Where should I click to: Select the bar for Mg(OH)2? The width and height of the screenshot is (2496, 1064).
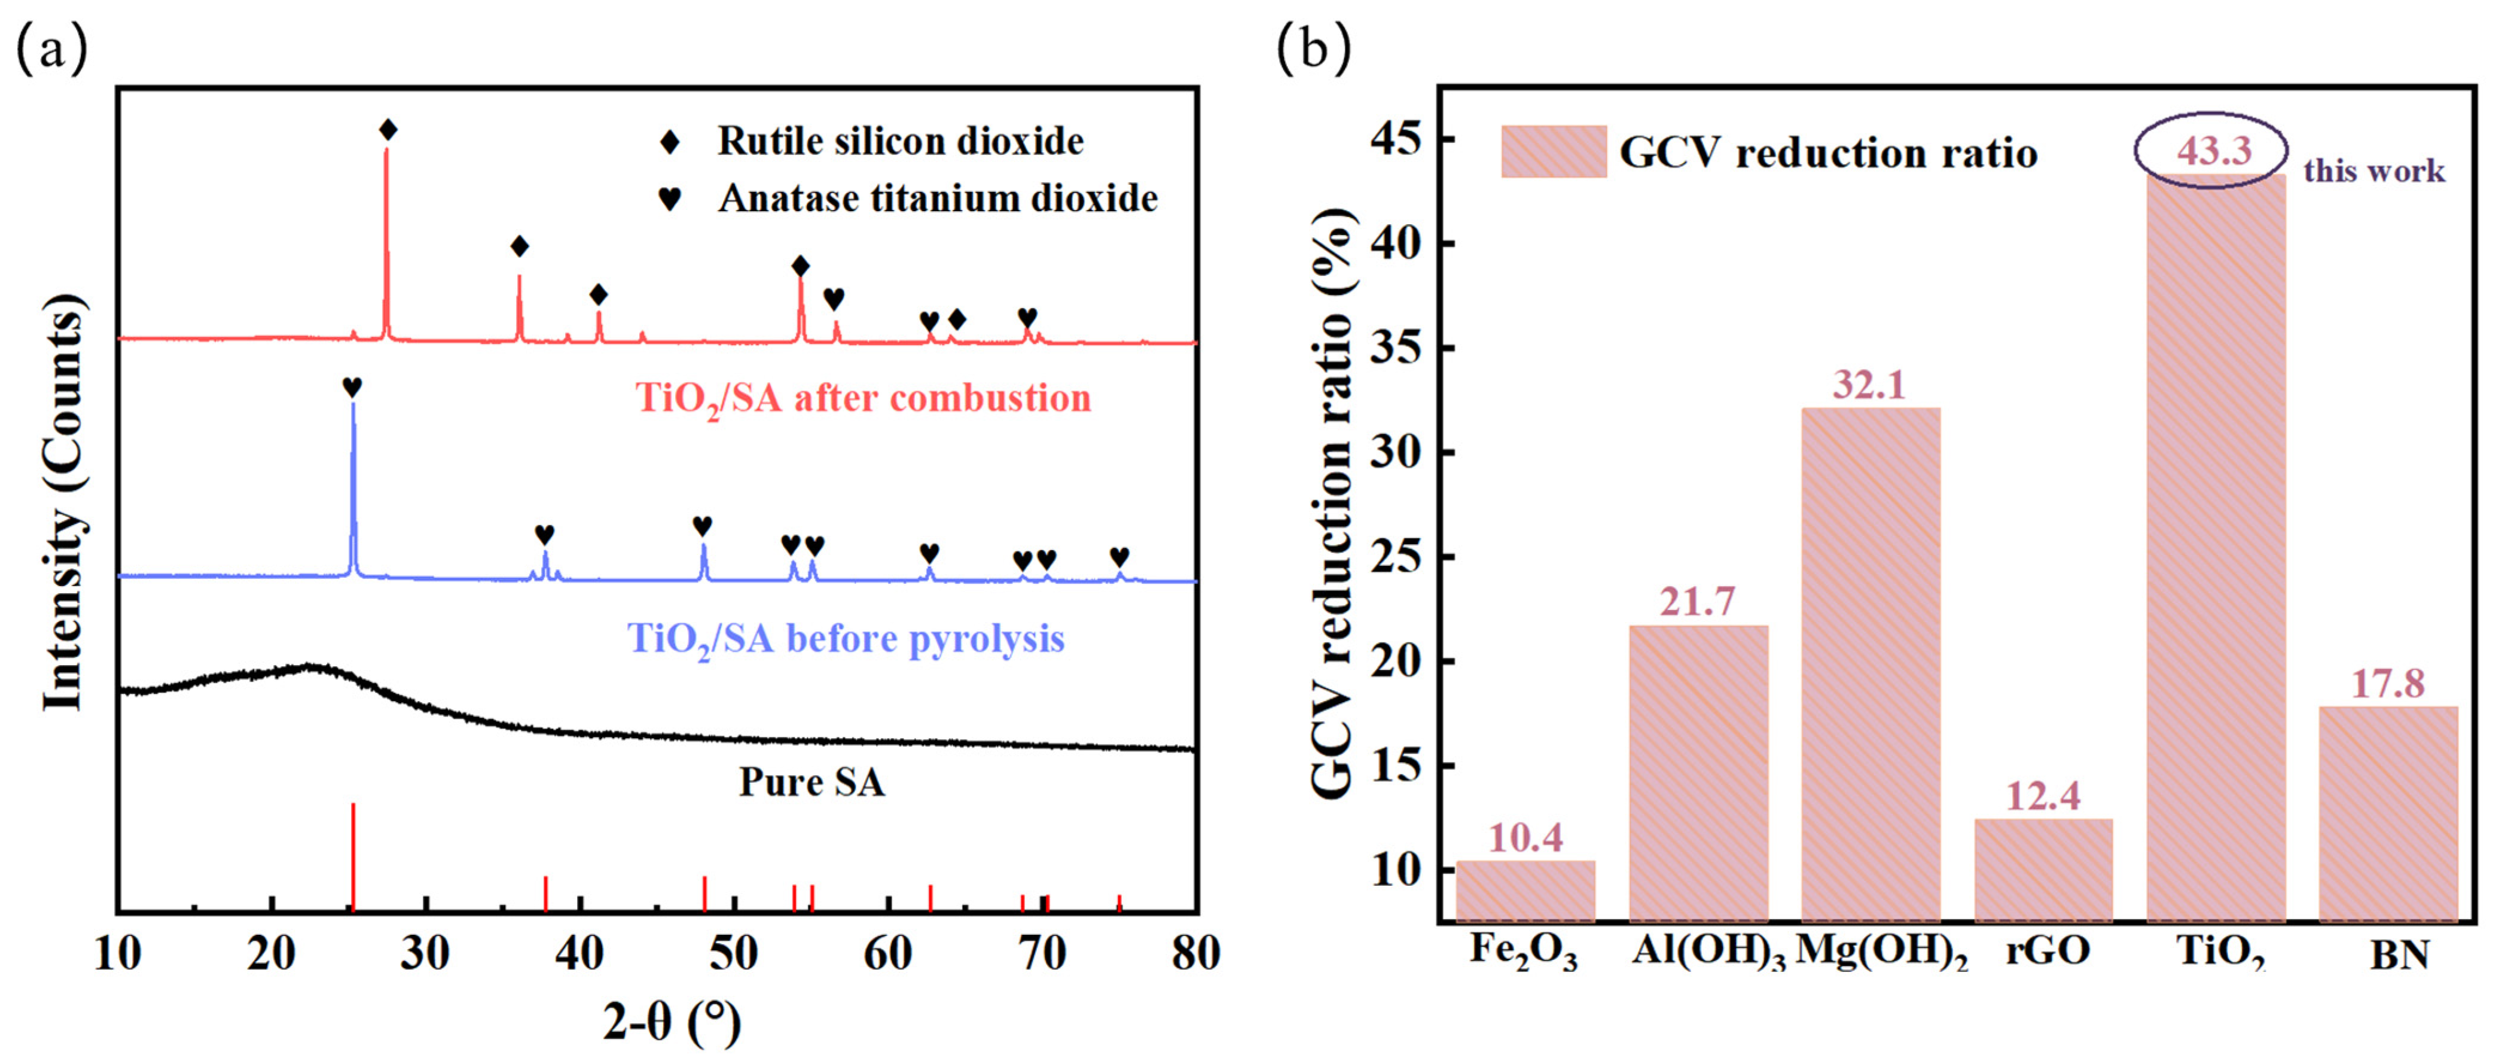coord(1870,664)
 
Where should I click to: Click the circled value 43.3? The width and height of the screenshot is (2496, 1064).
coord(2214,150)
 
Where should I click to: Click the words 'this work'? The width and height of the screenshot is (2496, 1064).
coord(2374,172)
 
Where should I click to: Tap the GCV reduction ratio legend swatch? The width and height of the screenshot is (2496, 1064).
coord(1553,151)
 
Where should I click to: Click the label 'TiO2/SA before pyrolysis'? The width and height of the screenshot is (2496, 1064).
coord(845,639)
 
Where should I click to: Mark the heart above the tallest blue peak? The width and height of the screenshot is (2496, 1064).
coord(352,386)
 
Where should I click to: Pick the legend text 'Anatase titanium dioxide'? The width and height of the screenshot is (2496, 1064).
coord(937,199)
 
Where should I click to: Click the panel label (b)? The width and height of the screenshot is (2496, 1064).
coord(1313,48)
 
